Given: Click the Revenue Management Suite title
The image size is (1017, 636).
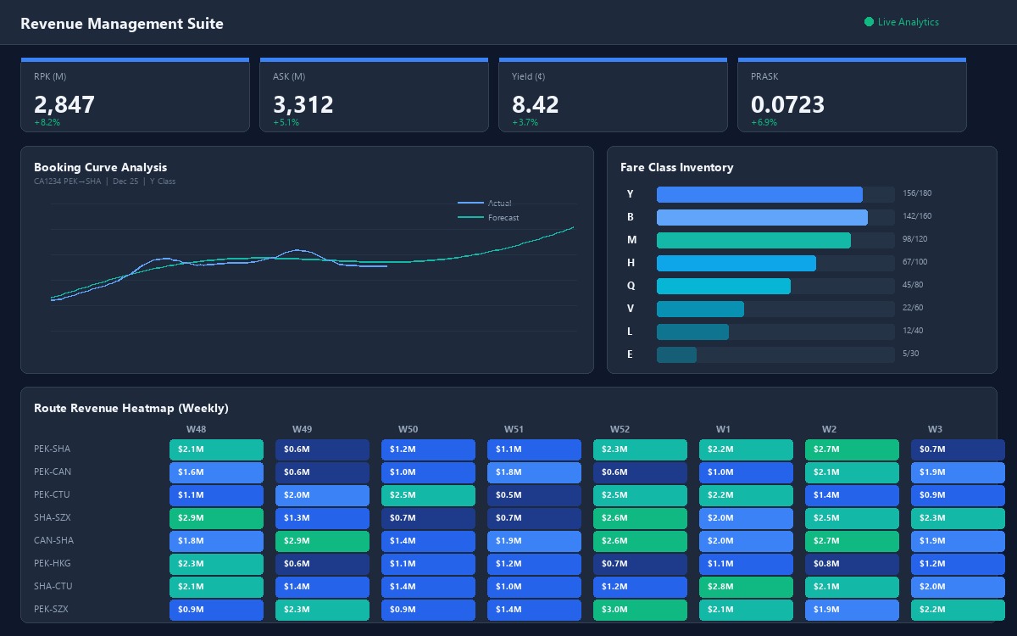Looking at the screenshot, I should [x=122, y=24].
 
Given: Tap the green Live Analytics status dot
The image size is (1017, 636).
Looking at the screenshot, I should [x=869, y=22].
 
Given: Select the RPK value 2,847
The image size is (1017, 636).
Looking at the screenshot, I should [x=64, y=104].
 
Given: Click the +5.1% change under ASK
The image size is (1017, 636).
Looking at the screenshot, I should [x=286, y=123].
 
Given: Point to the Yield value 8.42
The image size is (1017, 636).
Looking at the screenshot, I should [x=535, y=104].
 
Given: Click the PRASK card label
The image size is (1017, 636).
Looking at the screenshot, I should [x=764, y=76].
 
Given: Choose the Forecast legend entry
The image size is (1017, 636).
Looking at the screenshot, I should [x=503, y=218].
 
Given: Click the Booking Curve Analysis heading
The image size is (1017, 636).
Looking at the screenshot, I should [x=100, y=167].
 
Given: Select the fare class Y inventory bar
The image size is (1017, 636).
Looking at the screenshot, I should [x=759, y=194].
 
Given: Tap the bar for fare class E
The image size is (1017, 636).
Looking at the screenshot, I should [x=676, y=354].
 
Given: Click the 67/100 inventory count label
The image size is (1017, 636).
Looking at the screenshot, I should [x=915, y=263].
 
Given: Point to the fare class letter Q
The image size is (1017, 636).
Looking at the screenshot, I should [x=631, y=286].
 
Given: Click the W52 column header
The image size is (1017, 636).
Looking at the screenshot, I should [x=620, y=429].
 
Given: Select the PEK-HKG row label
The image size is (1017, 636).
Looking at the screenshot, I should [x=53, y=563].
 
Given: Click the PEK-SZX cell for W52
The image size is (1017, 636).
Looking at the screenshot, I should [x=640, y=610].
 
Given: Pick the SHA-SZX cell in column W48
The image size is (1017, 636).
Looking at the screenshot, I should [x=216, y=518].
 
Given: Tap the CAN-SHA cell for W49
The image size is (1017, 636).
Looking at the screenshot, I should [x=322, y=541].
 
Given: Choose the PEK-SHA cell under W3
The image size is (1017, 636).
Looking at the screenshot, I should [x=958, y=449].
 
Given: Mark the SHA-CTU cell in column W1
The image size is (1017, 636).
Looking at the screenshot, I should [x=746, y=587].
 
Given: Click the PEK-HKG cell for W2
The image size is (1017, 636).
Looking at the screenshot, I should [x=852, y=564].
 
